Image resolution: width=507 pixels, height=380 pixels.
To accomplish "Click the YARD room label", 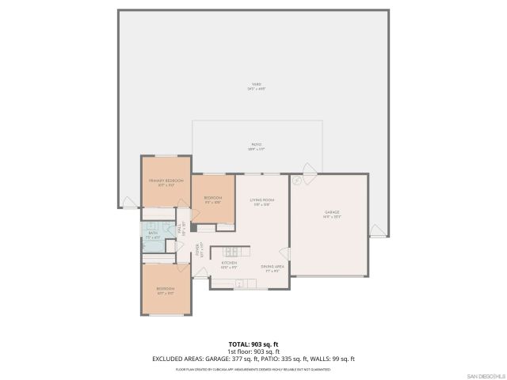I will click(253, 85).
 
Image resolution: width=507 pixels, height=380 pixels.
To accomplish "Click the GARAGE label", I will click(331, 214).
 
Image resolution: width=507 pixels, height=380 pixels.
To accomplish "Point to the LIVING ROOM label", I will click(261, 202).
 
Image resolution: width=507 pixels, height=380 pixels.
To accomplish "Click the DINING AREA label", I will click(273, 268).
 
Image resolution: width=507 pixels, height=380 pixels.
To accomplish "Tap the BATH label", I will click(152, 233).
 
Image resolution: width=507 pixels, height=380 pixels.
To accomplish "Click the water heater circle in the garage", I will click(296, 181).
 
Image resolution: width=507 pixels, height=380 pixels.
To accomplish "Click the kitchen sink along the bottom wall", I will click(236, 287).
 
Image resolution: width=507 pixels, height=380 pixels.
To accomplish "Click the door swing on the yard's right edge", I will click(380, 231).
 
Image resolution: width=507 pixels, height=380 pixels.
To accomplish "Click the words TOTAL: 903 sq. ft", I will click(253, 343).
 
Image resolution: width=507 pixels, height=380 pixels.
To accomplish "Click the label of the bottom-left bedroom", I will click(166, 290).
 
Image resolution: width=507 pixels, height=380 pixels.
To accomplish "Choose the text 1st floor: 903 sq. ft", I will click(253, 351).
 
